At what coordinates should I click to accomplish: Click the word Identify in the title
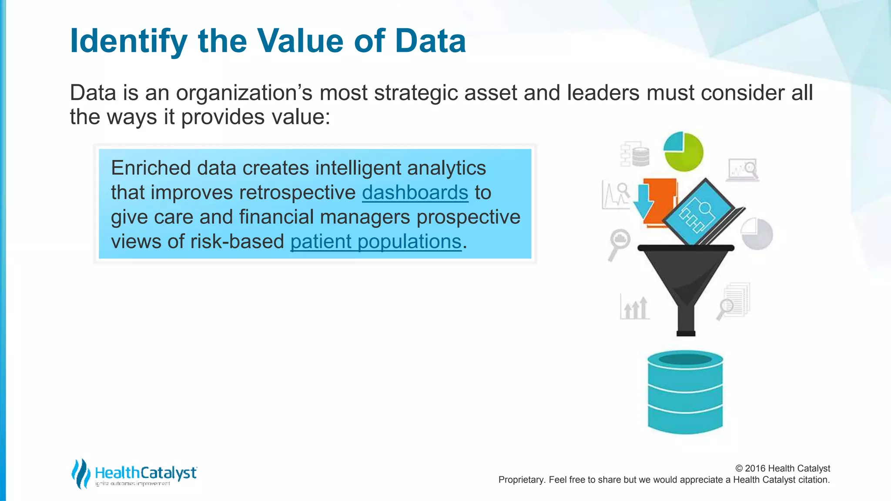pos(128,41)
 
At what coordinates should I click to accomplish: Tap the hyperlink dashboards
pos(415,193)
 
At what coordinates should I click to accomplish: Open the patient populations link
pos(375,242)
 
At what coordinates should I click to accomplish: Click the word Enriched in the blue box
pos(151,168)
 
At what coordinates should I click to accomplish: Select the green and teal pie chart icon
pos(683,152)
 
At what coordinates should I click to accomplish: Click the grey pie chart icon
pos(757,234)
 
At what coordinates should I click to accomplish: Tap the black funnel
pos(686,278)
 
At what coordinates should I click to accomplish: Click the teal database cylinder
pos(685,392)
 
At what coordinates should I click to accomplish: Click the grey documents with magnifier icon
pos(735,301)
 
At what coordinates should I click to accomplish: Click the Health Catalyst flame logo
pos(80,474)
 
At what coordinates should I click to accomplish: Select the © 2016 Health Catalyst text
pos(782,468)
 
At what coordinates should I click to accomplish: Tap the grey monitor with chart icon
pos(743,170)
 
